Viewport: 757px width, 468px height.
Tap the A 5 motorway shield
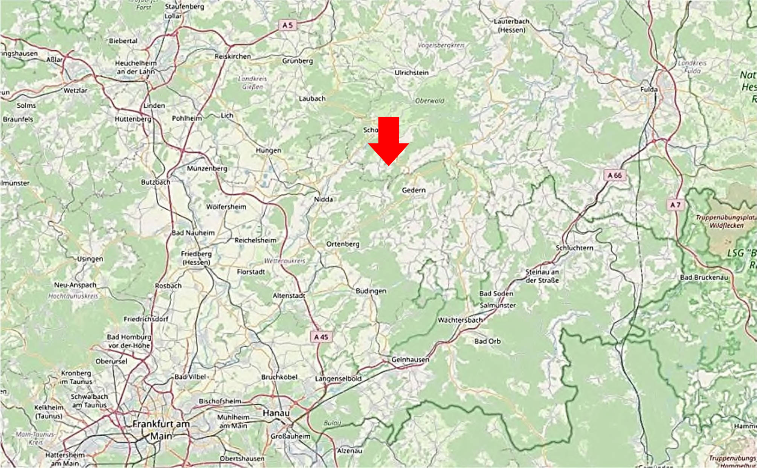click(287, 25)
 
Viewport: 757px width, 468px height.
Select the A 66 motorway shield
click(615, 175)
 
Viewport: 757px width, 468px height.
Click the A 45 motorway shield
click(321, 337)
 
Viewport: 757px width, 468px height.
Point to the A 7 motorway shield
click(675, 205)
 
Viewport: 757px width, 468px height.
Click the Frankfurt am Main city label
click(161, 430)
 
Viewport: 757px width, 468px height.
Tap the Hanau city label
click(276, 413)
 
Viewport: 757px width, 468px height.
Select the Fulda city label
click(649, 89)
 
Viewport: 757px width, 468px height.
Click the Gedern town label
click(414, 190)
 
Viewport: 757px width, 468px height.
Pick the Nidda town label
click(323, 199)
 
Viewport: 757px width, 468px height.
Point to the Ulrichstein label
click(411, 72)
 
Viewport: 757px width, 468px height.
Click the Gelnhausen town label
click(410, 360)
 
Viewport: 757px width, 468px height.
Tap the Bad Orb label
click(487, 341)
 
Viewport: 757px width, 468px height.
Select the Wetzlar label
click(75, 90)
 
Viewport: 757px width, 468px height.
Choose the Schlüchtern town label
click(574, 248)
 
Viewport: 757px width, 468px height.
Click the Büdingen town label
click(371, 291)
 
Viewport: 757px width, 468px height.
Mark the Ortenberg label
click(343, 244)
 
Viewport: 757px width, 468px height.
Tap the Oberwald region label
click(429, 101)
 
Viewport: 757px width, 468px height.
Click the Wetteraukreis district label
click(284, 261)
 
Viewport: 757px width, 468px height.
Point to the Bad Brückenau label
click(704, 277)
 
